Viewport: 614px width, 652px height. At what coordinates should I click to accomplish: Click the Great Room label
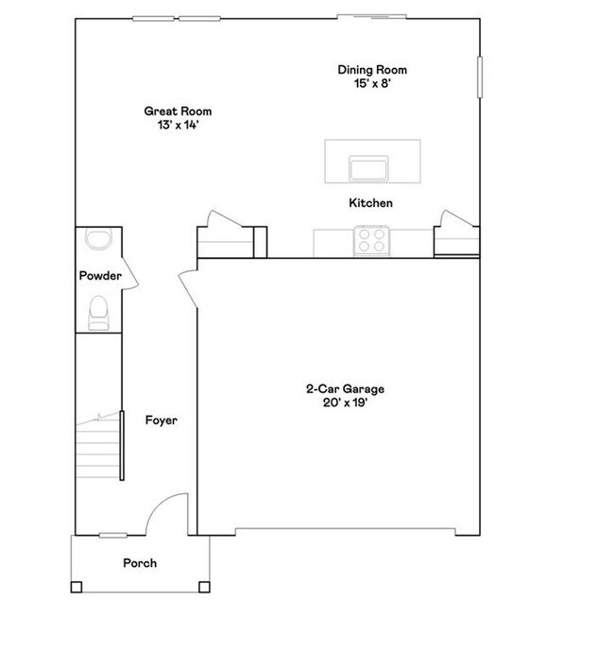coord(178,112)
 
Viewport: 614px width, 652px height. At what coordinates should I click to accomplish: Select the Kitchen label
coord(370,203)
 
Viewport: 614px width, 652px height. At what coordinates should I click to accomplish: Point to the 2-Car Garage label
coord(345,388)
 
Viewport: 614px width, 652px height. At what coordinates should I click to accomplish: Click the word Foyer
coord(161,420)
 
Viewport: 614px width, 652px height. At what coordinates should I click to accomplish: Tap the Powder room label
coord(99,276)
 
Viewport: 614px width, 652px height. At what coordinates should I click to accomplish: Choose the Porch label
coord(140,563)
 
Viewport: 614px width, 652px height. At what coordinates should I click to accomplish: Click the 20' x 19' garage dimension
coord(345,403)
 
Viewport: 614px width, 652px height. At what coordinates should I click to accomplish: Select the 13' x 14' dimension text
coord(178,125)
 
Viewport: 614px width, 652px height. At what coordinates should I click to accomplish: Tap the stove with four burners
coord(370,240)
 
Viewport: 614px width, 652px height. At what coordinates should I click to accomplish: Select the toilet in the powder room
coord(97,313)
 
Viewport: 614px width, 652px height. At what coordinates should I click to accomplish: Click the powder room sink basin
coord(97,238)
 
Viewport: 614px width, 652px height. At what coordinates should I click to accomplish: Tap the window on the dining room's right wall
coord(480,77)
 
